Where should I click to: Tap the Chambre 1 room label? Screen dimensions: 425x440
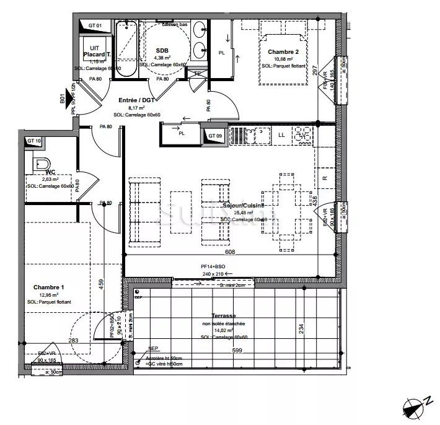48,287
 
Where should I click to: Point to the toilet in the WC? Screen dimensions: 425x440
39,164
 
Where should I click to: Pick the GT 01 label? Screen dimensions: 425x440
95,25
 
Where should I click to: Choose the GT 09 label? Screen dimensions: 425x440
215,136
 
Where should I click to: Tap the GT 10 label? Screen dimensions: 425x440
35,141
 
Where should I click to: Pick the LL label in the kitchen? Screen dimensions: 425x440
281,134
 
